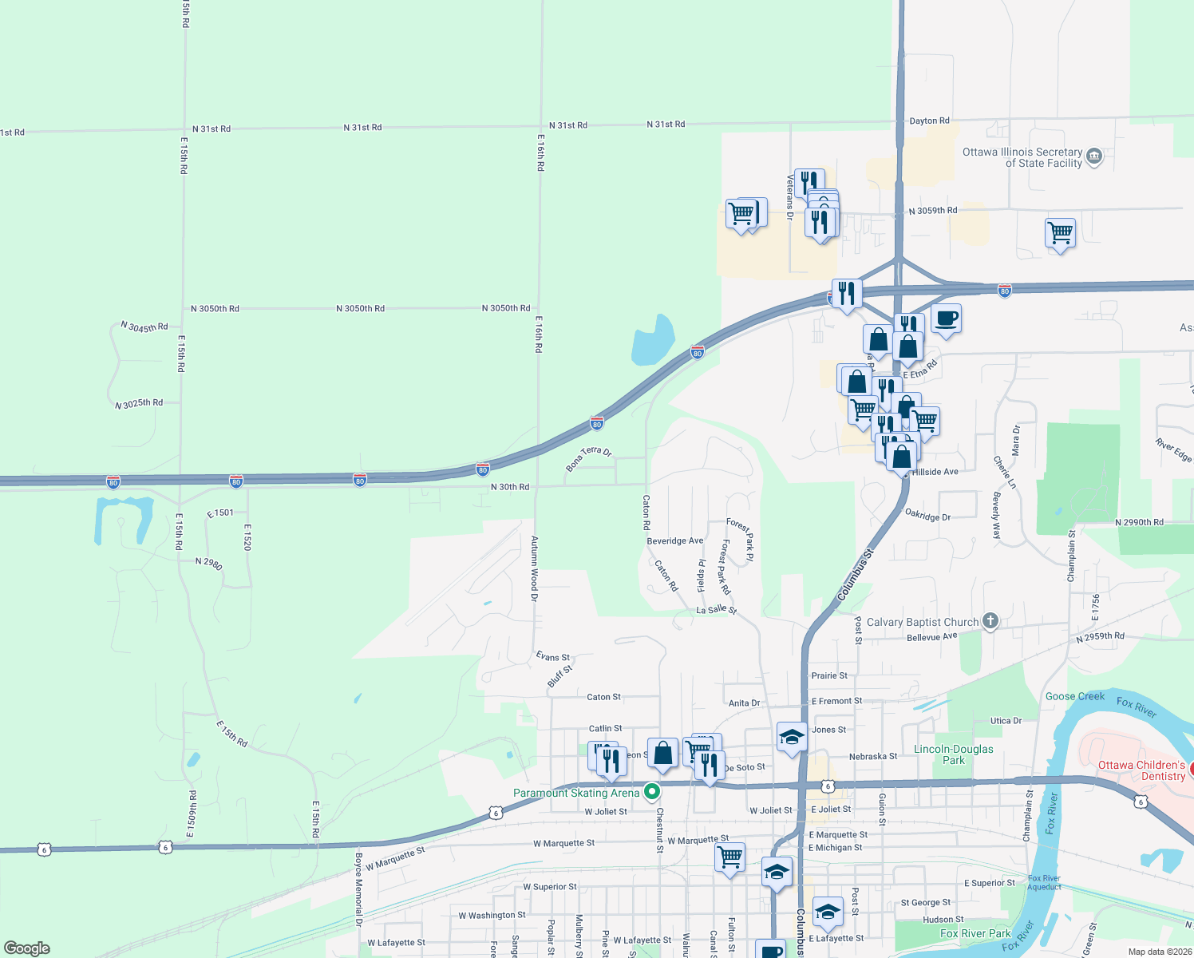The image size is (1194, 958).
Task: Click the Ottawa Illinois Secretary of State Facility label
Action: point(1022,157)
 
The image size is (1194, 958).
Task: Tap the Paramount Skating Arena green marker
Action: point(652,792)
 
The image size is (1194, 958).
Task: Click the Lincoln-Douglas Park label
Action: point(954,754)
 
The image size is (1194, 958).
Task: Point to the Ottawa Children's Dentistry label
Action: point(1142,770)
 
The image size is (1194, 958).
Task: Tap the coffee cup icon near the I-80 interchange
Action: point(946,319)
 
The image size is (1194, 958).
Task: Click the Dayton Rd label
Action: point(929,121)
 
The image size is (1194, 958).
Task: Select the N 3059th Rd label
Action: point(932,211)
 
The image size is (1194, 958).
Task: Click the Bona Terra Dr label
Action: point(588,458)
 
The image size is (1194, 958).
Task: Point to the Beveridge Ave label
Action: point(674,540)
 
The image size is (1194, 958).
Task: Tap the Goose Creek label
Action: point(1074,696)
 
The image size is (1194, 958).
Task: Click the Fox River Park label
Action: point(975,933)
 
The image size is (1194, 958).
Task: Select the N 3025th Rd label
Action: point(139,404)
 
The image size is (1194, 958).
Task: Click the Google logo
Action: point(27,948)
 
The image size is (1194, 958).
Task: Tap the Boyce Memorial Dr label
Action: point(358,889)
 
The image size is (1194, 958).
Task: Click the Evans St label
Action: point(553,657)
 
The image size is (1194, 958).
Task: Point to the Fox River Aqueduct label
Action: point(1044,882)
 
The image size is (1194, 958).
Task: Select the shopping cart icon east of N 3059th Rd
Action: point(1060,233)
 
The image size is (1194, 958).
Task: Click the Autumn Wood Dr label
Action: point(535,568)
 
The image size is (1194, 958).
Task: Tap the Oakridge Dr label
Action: point(927,516)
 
